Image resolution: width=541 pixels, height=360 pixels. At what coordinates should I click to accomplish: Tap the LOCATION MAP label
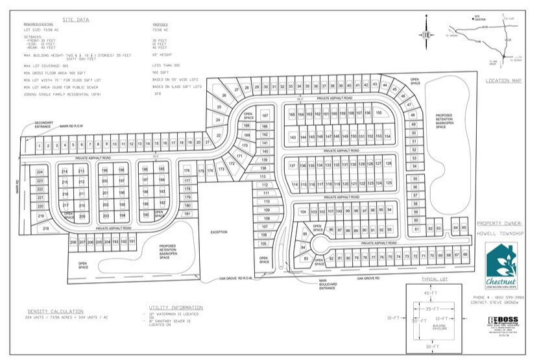point(502,80)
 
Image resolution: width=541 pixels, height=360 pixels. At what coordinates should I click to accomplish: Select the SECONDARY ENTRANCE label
point(44,125)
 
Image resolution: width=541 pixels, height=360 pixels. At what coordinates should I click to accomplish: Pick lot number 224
point(40,171)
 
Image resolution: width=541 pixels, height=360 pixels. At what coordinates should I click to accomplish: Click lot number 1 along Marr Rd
point(40,145)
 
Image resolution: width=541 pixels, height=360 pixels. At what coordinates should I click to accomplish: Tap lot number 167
point(265,115)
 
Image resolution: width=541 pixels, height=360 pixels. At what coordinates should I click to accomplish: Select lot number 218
point(45,228)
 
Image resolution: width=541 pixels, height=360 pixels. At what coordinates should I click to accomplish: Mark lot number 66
point(466,255)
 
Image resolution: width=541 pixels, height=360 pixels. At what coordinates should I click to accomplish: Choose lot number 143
point(293,137)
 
